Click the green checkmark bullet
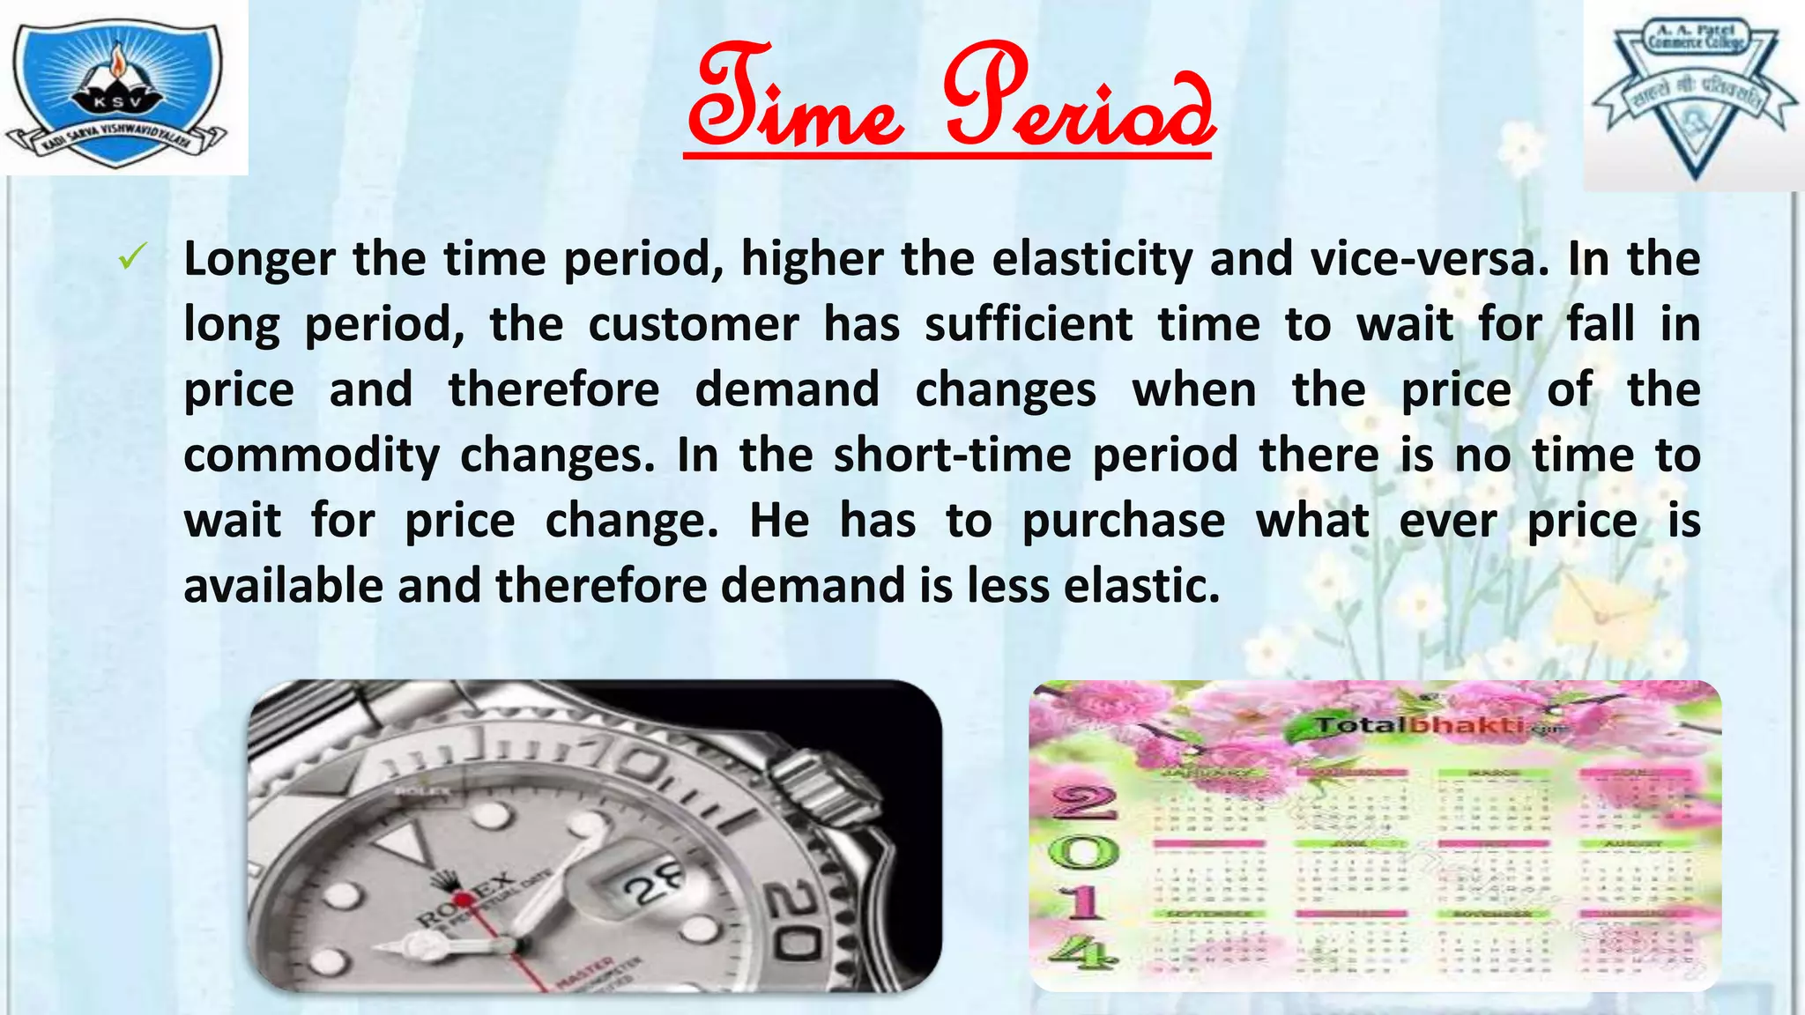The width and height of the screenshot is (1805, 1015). coord(131,258)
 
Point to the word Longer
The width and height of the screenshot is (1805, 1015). coord(259,259)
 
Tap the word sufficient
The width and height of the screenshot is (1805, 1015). coord(1029,324)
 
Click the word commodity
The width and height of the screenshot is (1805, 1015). coord(311,456)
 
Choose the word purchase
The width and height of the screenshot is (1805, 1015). coord(1124,521)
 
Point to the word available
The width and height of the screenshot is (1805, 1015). coord(283,586)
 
